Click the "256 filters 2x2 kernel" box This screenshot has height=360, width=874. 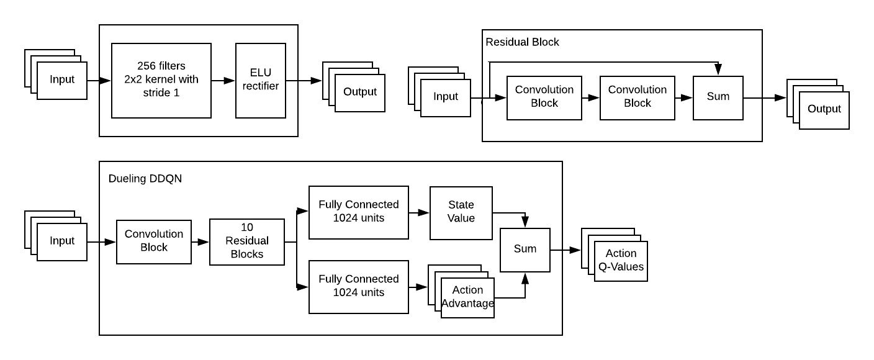point(161,81)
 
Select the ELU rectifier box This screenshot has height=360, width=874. point(261,81)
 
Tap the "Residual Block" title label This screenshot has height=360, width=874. point(522,42)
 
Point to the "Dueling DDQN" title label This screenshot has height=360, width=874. point(145,178)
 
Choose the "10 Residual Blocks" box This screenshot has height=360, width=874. point(247,241)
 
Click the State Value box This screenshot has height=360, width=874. point(461,212)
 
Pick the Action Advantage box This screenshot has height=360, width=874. point(467,298)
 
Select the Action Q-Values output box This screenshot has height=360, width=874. point(621,261)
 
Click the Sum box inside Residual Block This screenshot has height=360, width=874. point(718,97)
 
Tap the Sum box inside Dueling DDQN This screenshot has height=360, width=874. point(525,250)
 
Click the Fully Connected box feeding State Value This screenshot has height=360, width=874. point(359,212)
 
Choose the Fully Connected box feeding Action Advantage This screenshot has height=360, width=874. point(359,287)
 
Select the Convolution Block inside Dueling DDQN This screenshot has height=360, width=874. point(154,241)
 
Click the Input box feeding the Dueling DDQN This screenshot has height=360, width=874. point(62,241)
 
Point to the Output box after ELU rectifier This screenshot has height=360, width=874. point(360,92)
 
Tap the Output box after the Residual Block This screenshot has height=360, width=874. point(824,110)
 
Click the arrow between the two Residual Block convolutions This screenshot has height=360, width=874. point(591,97)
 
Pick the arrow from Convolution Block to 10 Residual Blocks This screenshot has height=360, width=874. point(200,242)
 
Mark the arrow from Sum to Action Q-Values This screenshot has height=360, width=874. point(565,250)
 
